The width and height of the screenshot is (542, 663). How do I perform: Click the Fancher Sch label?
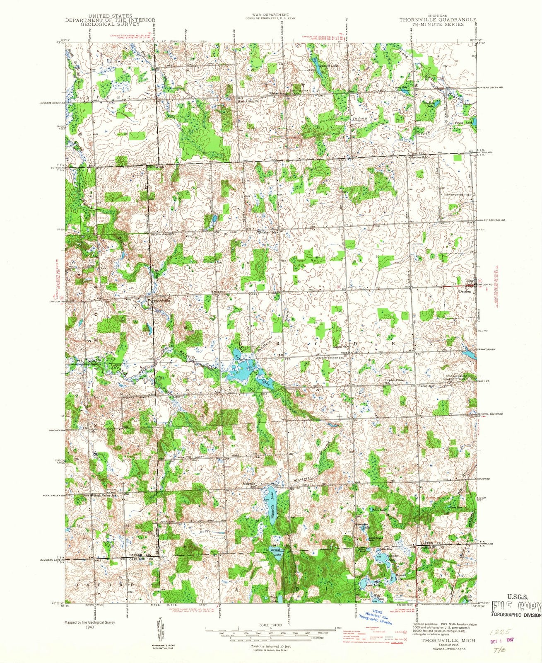(x=418, y=157)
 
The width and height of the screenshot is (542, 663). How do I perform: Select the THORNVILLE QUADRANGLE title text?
(x=438, y=19)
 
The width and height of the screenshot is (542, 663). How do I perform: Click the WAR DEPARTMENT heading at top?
(x=271, y=15)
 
